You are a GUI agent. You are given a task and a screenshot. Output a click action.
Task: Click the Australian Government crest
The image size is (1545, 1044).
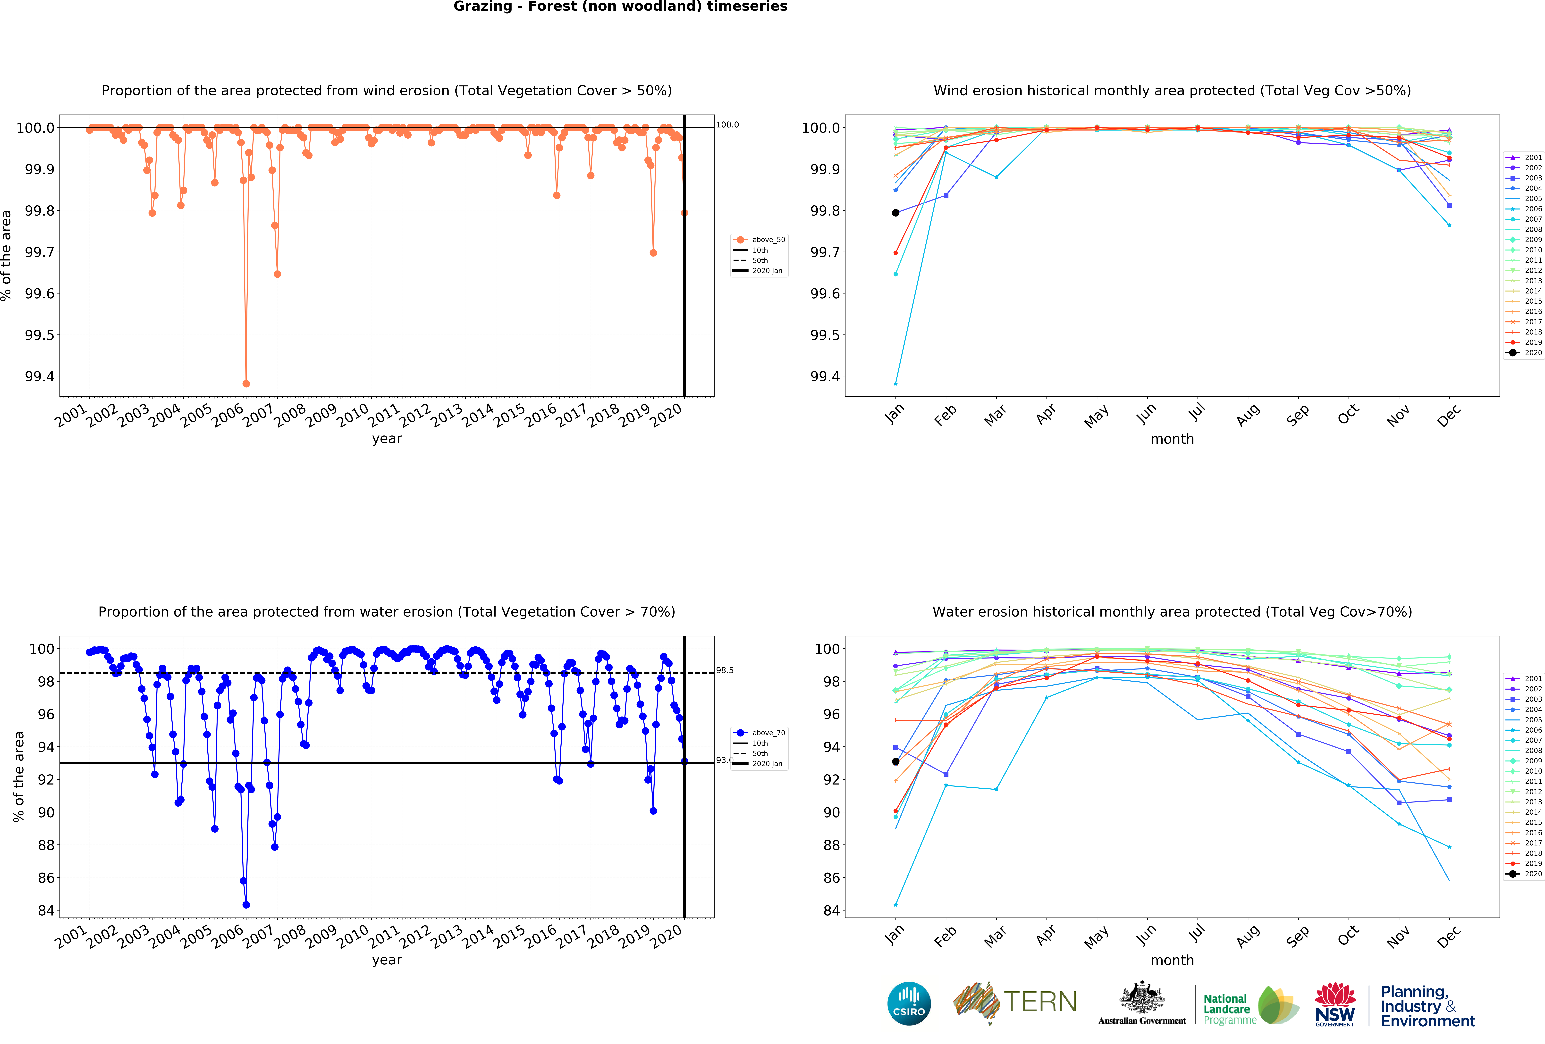click(x=1141, y=997)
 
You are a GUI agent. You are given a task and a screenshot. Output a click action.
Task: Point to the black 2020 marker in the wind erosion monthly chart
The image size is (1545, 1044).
click(x=895, y=213)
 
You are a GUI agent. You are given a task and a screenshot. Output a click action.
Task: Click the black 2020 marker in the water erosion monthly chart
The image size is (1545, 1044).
click(x=895, y=762)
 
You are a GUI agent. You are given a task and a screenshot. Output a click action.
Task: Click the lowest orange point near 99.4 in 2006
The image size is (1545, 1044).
click(x=246, y=384)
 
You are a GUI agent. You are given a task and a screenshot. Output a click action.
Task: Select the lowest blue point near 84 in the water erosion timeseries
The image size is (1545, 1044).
click(x=246, y=904)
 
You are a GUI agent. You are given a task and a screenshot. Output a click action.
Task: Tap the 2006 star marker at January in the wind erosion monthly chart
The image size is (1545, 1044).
click(x=895, y=384)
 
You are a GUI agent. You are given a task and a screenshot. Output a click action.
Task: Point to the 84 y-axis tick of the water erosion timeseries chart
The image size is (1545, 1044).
click(x=45, y=910)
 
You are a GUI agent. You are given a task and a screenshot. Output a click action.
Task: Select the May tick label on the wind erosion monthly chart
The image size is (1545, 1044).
click(x=1096, y=417)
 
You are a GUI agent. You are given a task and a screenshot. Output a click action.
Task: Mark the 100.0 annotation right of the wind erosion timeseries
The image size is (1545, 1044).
click(x=727, y=124)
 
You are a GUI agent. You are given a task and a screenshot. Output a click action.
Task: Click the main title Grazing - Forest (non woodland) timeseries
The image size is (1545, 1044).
click(x=620, y=7)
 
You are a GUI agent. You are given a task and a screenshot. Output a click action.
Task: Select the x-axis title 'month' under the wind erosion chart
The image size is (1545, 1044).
click(x=1172, y=439)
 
